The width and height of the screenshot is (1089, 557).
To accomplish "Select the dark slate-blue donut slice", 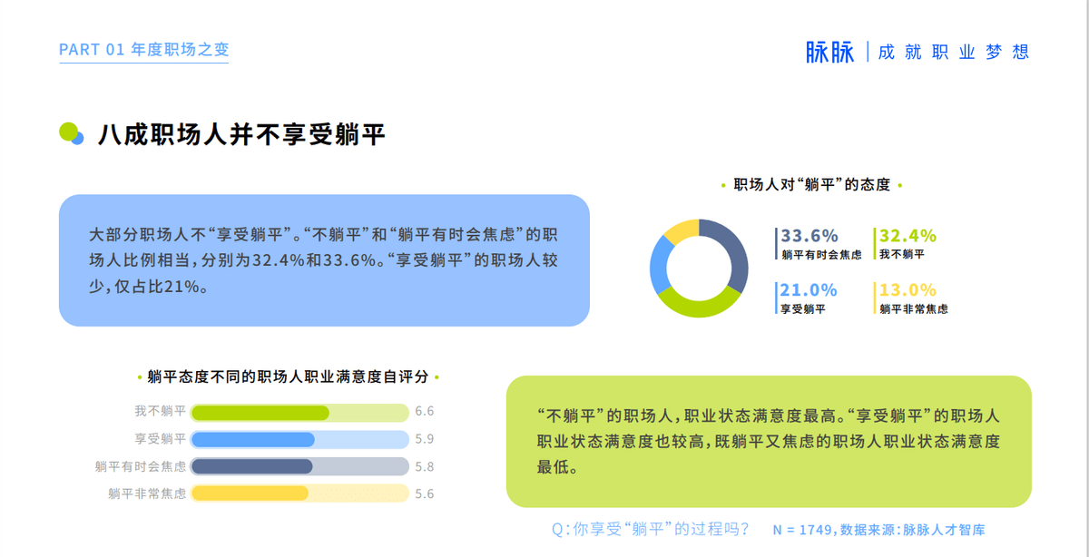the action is [x=735, y=253].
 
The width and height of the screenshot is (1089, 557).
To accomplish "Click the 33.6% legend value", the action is [x=809, y=236].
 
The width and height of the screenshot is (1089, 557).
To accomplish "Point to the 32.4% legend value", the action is [x=907, y=236].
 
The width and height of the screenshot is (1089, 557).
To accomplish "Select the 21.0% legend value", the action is [x=809, y=290].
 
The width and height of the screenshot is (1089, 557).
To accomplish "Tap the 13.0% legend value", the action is [x=907, y=290].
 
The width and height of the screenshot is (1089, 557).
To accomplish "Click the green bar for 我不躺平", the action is [x=260, y=413].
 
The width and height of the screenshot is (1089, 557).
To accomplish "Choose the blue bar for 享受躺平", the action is [x=253, y=440].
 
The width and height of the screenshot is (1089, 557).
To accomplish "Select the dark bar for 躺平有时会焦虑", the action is [x=252, y=466].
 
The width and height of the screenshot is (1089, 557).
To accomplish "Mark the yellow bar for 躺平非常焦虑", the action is [x=250, y=493].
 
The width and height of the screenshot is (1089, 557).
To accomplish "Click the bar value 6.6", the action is [x=425, y=412].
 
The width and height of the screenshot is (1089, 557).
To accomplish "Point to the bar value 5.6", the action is [x=425, y=493].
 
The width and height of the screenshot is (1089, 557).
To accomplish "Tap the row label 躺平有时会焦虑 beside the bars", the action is [x=141, y=466].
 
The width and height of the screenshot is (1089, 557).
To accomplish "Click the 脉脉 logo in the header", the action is [x=829, y=52].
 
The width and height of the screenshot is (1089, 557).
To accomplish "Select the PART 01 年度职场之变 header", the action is [x=144, y=50].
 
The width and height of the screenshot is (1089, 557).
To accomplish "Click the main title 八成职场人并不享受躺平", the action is [x=241, y=134].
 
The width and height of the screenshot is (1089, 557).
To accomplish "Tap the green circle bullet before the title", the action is [x=69, y=132].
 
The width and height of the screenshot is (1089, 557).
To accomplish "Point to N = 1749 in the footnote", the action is [x=802, y=530].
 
